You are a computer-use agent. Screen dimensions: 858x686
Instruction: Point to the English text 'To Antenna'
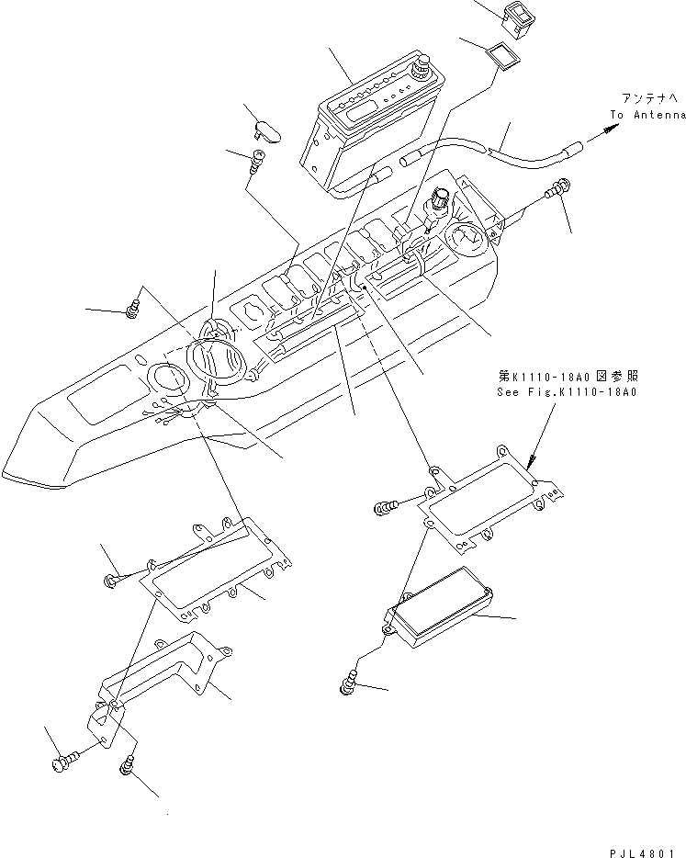(647, 115)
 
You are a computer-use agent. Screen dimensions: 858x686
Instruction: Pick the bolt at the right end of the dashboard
(557, 193)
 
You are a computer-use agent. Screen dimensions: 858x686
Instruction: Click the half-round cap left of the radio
(268, 132)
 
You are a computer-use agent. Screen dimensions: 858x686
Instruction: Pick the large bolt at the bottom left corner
(66, 761)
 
